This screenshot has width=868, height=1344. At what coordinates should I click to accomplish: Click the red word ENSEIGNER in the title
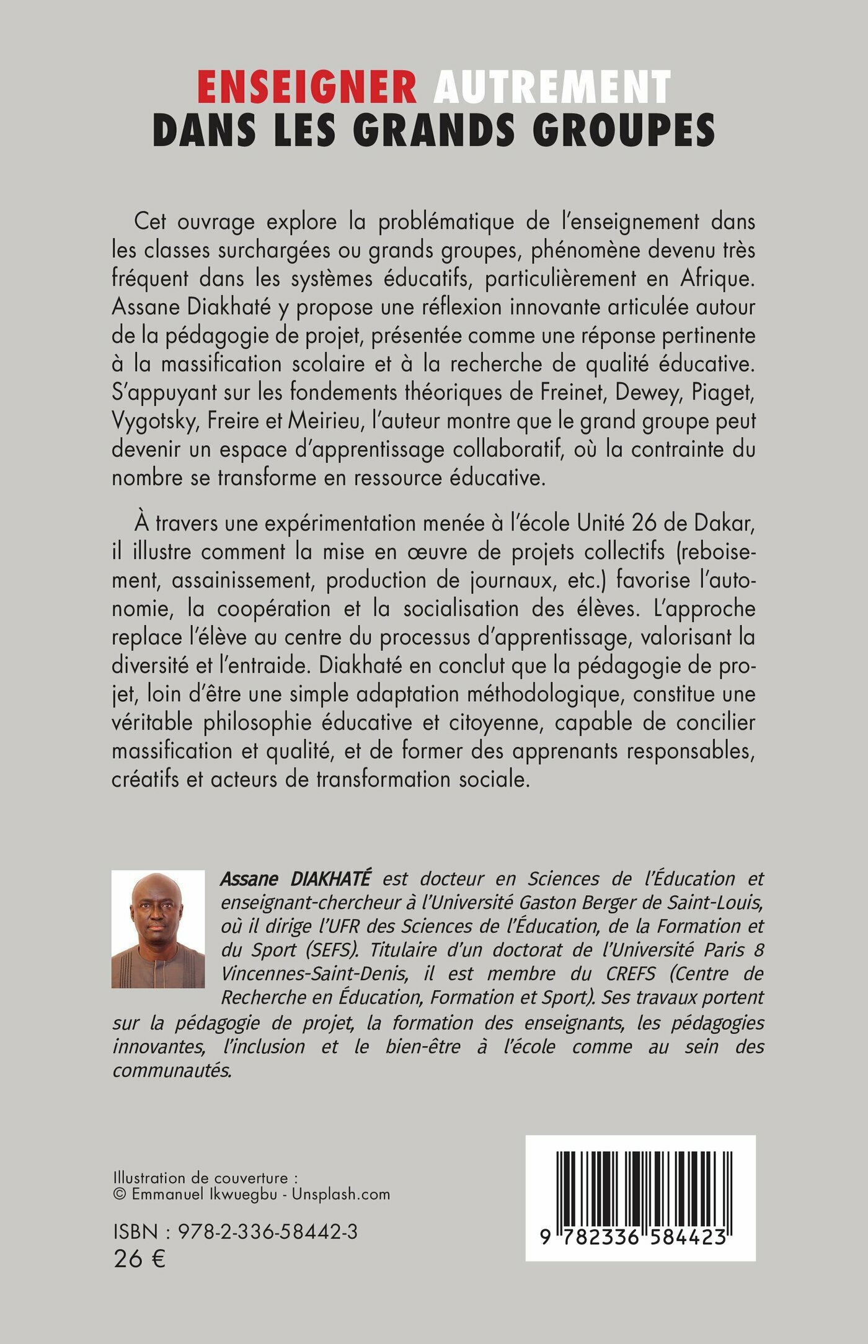click(x=307, y=89)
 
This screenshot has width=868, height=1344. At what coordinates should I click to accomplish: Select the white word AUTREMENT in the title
click(x=552, y=89)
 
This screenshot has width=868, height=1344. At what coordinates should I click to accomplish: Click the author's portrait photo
click(x=158, y=929)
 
